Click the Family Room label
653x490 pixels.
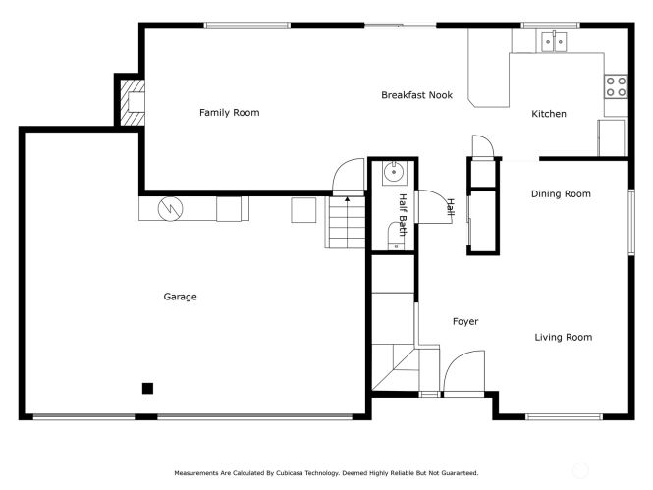tap(229, 112)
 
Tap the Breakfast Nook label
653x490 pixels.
tap(417, 95)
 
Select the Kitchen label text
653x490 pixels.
tap(549, 114)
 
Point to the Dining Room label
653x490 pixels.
tap(561, 194)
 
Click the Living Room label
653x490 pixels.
tap(563, 337)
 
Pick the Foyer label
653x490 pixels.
tap(465, 321)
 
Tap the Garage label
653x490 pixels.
tap(180, 297)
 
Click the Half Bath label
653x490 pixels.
tap(403, 215)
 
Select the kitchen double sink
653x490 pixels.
tap(554, 41)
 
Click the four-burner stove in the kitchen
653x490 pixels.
tap(616, 86)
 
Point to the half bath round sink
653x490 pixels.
tap(394, 173)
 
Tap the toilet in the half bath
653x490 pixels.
tap(395, 237)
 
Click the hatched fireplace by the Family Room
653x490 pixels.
tap(133, 102)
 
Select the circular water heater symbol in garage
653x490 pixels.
tap(170, 208)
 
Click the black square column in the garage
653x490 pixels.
tap(148, 389)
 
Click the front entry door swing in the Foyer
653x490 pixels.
tap(463, 371)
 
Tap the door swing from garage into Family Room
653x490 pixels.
tap(349, 176)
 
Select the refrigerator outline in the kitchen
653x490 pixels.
tap(611, 138)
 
